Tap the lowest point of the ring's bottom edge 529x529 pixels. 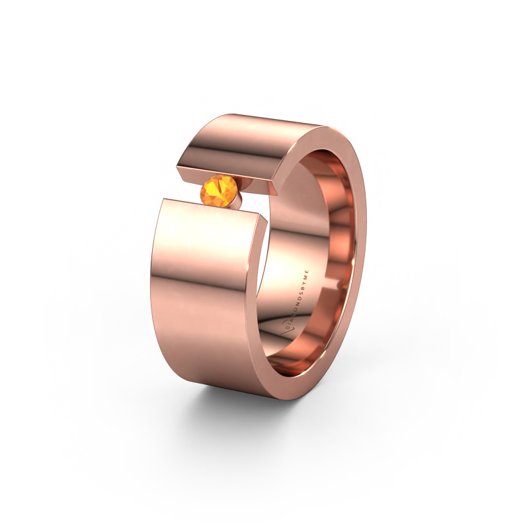(274, 399)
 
